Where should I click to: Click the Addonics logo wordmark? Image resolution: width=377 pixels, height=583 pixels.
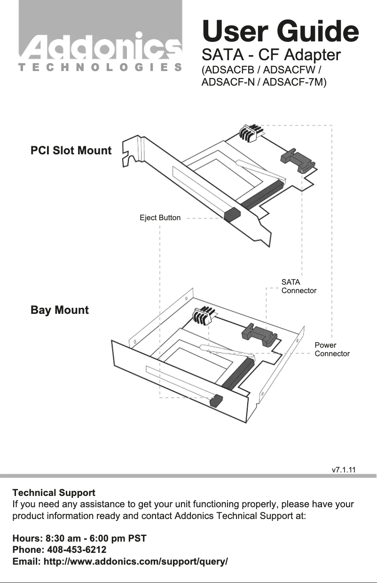click(x=100, y=47)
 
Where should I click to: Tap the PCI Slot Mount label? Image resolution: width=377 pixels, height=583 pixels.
click(x=71, y=151)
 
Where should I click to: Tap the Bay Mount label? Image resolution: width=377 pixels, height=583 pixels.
click(x=60, y=310)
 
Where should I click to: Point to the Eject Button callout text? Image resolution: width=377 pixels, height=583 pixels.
click(x=160, y=218)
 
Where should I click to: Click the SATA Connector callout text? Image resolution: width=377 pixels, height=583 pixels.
click(x=298, y=286)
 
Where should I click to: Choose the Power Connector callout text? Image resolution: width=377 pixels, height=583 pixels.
click(x=332, y=349)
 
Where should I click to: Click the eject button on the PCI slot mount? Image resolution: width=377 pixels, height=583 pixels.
click(x=232, y=215)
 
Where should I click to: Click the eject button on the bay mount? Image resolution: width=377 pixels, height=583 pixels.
click(x=216, y=401)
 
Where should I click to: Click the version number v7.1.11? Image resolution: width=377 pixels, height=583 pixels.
click(x=343, y=470)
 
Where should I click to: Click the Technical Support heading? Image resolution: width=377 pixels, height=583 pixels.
click(x=54, y=493)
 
